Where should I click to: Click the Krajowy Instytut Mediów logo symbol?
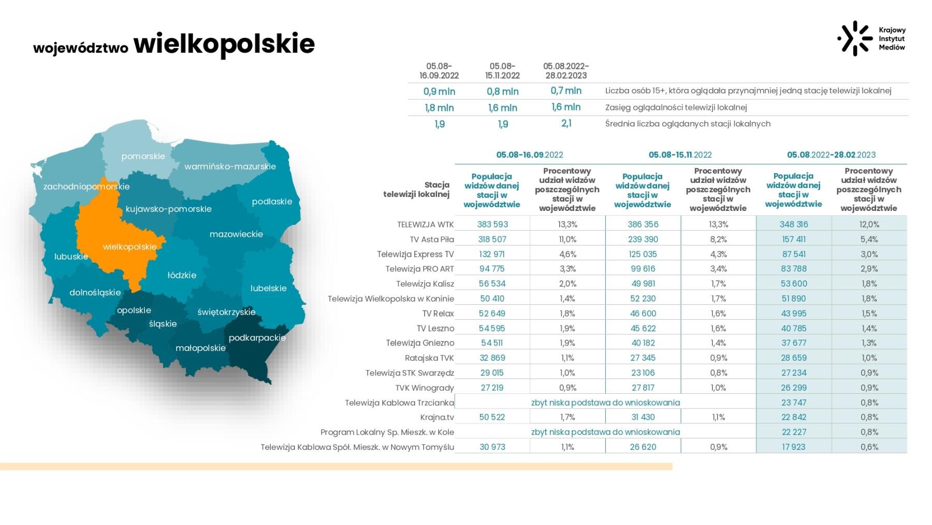pyautogui.click(x=855, y=38)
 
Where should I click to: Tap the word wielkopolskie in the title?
pyautogui.click(x=224, y=44)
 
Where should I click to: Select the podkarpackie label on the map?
pyautogui.click(x=257, y=338)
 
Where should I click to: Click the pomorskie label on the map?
pyautogui.click(x=143, y=157)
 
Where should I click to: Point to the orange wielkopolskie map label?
pyautogui.click(x=129, y=247)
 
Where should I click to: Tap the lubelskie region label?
pyautogui.click(x=268, y=289)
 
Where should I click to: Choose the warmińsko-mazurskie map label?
pyautogui.click(x=230, y=167)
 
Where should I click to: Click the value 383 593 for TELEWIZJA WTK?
pyautogui.click(x=492, y=224)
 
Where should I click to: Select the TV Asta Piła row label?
pyautogui.click(x=431, y=239)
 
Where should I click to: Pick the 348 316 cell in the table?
pyautogui.click(x=793, y=224)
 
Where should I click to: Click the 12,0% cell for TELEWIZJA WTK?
pyautogui.click(x=869, y=224)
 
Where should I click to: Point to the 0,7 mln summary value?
pyautogui.click(x=566, y=91)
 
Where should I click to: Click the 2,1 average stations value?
pyautogui.click(x=566, y=123)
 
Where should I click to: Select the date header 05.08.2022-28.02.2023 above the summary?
pyautogui.click(x=566, y=71)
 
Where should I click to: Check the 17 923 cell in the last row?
pyautogui.click(x=793, y=447)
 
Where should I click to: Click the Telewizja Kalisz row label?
pyautogui.click(x=425, y=284)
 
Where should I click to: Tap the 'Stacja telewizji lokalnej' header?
pyautogui.click(x=416, y=190)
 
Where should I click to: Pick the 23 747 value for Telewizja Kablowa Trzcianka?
pyautogui.click(x=793, y=403)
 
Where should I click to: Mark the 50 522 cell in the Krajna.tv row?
pyautogui.click(x=492, y=417)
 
